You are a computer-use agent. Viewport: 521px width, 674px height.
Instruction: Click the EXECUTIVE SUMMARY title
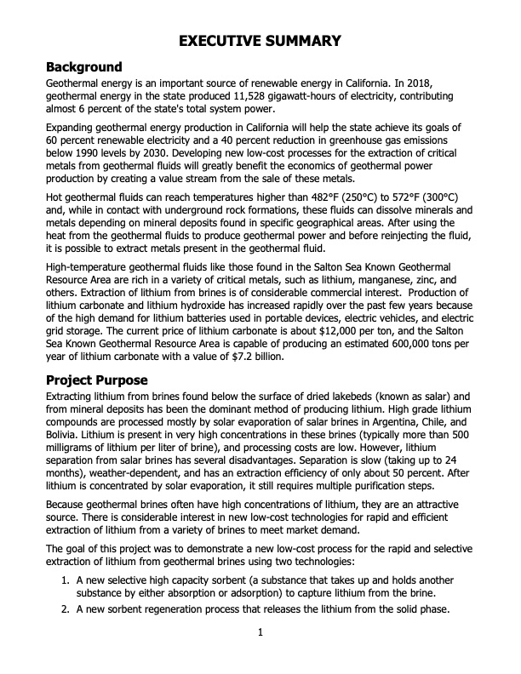[260, 41]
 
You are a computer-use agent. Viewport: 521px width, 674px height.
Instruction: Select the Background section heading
[84, 67]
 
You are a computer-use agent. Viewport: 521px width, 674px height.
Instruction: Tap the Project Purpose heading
[97, 380]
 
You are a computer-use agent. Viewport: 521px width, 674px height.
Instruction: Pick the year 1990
[89, 155]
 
